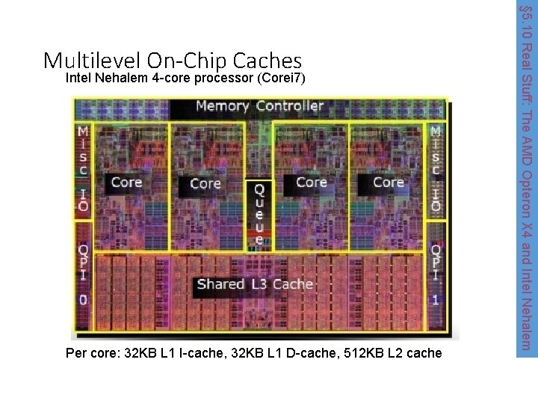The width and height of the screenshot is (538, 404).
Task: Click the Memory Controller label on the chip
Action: click(259, 106)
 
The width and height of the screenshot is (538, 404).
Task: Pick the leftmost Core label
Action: click(126, 182)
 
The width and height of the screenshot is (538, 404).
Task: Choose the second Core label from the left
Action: click(205, 183)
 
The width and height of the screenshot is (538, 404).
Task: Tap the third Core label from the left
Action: click(311, 182)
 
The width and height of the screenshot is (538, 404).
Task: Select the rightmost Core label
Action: click(389, 183)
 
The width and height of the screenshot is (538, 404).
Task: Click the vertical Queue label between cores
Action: click(259, 214)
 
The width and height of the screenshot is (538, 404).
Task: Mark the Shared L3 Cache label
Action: click(255, 284)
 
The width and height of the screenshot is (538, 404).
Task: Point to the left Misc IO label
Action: click(82, 169)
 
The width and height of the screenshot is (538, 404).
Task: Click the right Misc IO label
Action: click(435, 169)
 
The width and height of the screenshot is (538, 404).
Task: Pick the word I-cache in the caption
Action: click(203, 353)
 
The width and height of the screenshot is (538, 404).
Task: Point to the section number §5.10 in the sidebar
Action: click(526, 23)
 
